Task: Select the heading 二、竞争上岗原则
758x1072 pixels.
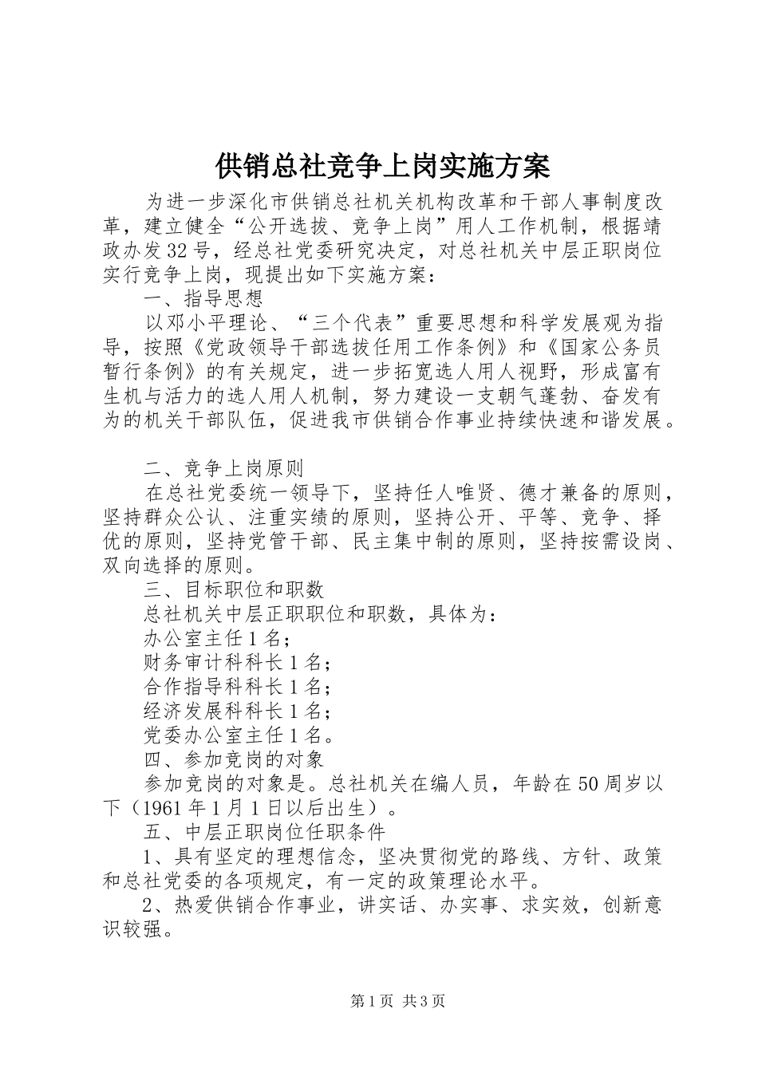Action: tap(223, 467)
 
